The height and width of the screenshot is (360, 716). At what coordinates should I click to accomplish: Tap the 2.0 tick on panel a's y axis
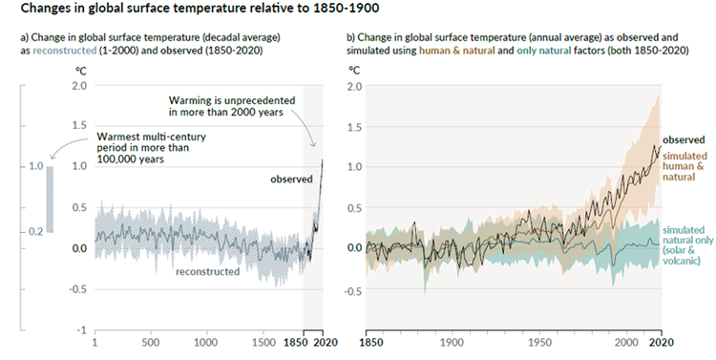click(79, 85)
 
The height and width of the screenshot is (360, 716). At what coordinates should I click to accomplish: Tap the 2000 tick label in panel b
click(628, 342)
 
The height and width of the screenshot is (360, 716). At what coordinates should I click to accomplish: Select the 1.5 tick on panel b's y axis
click(353, 126)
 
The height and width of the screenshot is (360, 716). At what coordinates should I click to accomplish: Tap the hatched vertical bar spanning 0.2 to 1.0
click(53, 199)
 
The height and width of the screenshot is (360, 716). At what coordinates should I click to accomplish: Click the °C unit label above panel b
click(354, 71)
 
